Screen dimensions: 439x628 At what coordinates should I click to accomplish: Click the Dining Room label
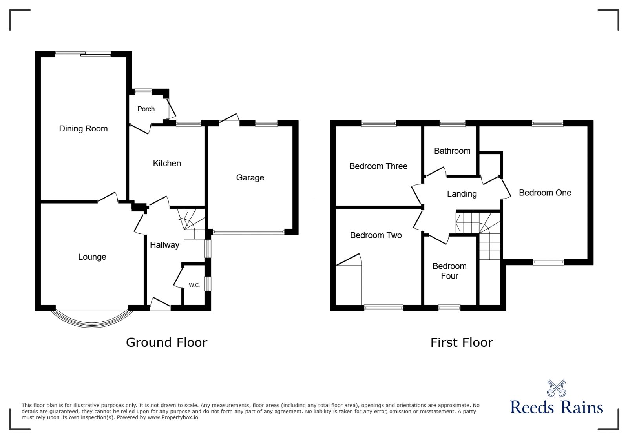[83, 129]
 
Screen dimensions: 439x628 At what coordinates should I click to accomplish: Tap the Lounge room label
[92, 257]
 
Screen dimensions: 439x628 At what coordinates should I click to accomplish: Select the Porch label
[146, 109]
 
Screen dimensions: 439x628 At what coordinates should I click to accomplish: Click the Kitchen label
[167, 163]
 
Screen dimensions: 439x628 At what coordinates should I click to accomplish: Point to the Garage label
[250, 178]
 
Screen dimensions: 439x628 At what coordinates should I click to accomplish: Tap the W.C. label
[194, 285]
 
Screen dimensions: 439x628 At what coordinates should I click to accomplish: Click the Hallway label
[164, 245]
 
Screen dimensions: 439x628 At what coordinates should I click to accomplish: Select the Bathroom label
[452, 151]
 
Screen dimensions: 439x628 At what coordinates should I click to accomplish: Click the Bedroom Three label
[378, 166]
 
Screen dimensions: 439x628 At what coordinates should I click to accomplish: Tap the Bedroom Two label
[376, 235]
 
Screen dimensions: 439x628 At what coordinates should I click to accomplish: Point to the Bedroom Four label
[449, 271]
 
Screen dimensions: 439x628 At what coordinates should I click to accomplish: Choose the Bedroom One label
[545, 193]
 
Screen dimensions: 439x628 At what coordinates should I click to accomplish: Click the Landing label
[462, 194]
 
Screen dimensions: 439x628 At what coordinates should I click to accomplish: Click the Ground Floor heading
[166, 342]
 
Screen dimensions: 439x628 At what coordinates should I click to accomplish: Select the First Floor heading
[462, 342]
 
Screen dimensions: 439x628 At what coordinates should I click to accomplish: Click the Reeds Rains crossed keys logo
[556, 388]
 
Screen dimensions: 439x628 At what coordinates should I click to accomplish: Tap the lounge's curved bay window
[92, 322]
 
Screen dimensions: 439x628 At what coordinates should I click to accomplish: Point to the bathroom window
[452, 124]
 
